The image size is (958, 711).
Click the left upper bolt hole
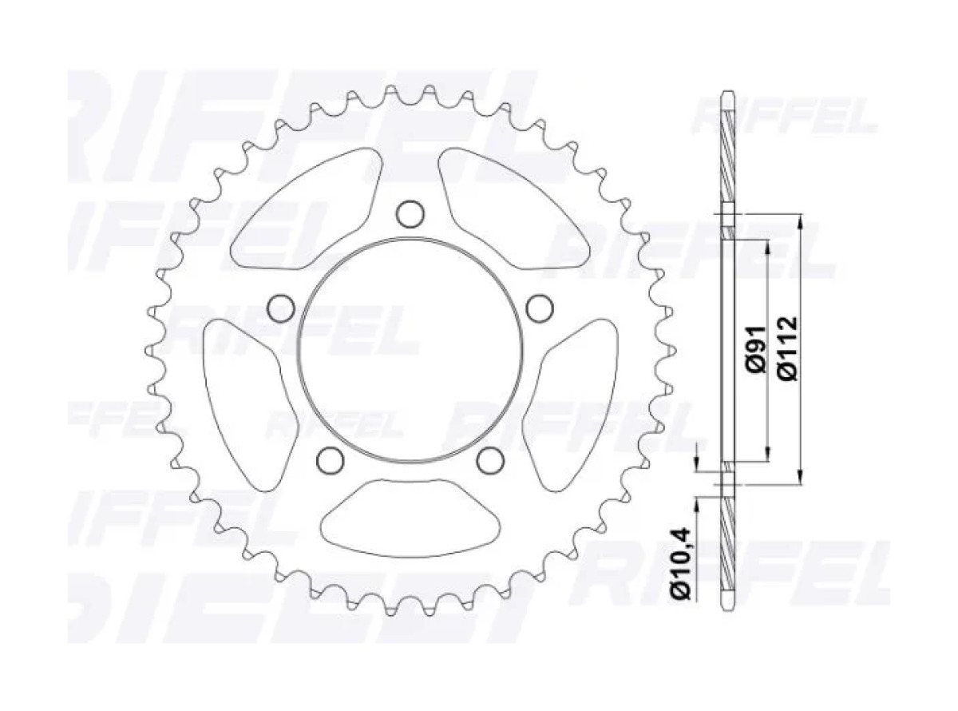281,308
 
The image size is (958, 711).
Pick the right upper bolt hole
540,308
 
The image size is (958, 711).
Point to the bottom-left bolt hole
331,460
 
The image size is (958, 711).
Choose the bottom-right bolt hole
490,460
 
